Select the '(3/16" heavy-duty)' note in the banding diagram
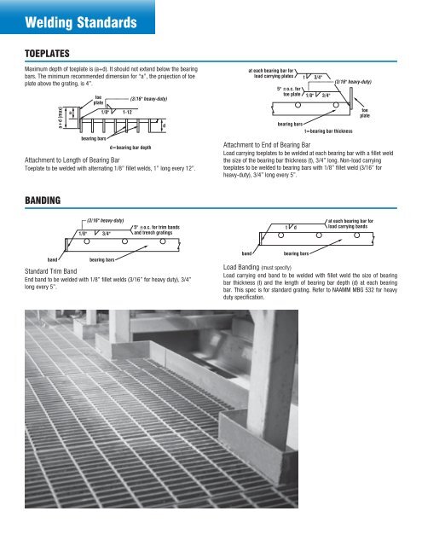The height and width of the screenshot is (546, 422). pos(107,218)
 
